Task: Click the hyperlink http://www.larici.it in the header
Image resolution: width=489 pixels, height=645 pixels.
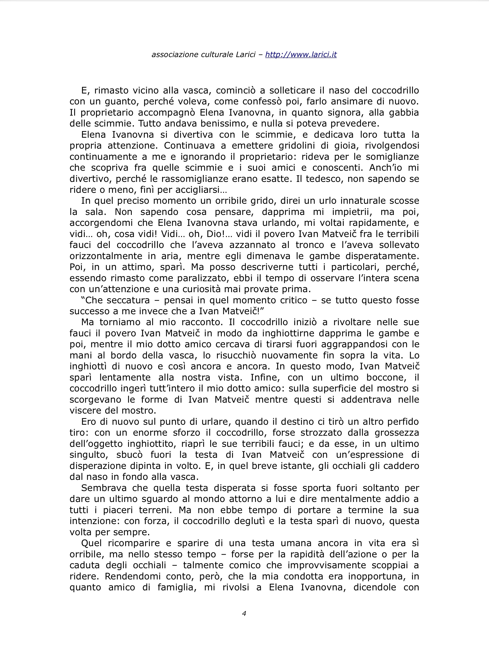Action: pos(301,55)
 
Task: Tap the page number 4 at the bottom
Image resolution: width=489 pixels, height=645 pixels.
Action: pos(244,613)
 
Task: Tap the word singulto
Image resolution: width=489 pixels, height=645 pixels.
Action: pos(88,455)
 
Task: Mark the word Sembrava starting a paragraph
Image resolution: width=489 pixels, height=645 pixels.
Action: pos(104,488)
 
